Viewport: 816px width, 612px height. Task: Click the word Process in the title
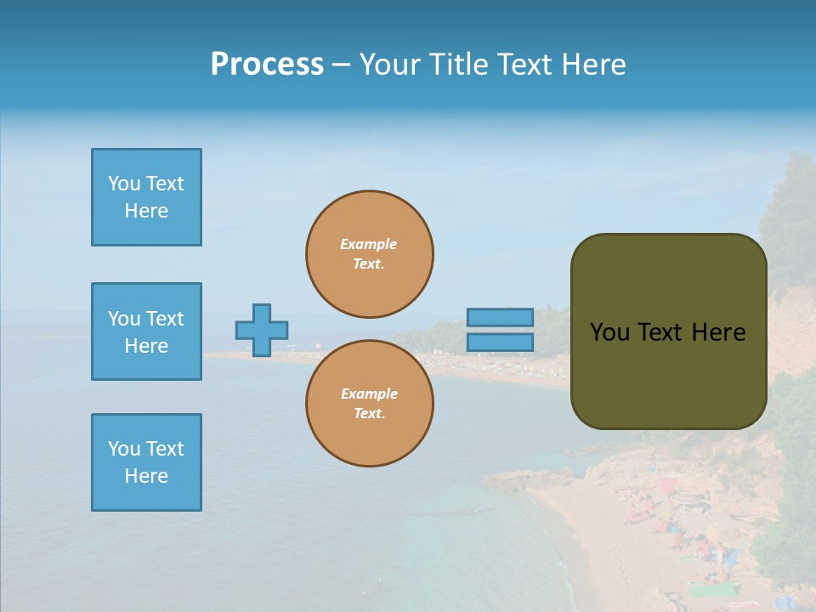pos(267,65)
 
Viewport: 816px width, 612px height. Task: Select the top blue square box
pos(146,197)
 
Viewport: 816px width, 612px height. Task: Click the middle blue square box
pos(146,331)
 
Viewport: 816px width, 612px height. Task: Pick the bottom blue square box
pos(146,462)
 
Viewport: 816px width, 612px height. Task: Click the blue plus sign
pos(262,330)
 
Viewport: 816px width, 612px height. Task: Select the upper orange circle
pos(370,254)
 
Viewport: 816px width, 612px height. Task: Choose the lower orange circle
pos(370,404)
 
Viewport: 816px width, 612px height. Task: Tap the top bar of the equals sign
pos(501,318)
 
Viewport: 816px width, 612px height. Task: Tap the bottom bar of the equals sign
pos(501,343)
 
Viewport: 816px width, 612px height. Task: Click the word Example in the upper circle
pos(369,244)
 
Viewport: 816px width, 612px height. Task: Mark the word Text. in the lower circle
pos(369,414)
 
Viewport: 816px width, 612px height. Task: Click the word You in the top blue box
pos(124,184)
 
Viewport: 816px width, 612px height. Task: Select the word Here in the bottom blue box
pos(146,476)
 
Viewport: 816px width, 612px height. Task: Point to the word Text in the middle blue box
pos(165,319)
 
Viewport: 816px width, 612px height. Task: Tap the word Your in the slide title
pos(389,65)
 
